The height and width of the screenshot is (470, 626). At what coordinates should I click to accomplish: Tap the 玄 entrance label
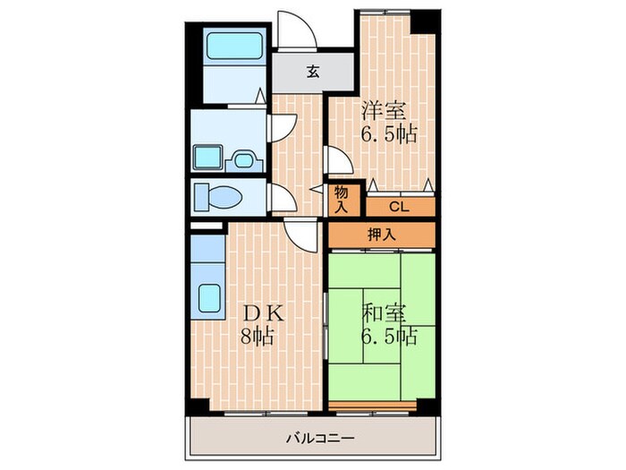(313, 73)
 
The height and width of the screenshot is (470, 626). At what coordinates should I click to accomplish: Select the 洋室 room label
(385, 112)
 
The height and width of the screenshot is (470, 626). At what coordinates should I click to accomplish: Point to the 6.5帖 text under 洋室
(388, 136)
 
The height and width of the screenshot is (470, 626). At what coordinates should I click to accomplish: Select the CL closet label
(399, 206)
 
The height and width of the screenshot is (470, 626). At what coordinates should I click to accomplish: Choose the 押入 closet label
(381, 235)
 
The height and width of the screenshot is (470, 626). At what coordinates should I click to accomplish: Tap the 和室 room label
(385, 314)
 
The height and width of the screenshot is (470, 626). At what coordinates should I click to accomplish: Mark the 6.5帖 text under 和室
(388, 338)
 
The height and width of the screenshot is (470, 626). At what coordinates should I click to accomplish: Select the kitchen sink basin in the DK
(210, 298)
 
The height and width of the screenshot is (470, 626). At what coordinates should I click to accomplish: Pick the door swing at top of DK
(300, 235)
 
